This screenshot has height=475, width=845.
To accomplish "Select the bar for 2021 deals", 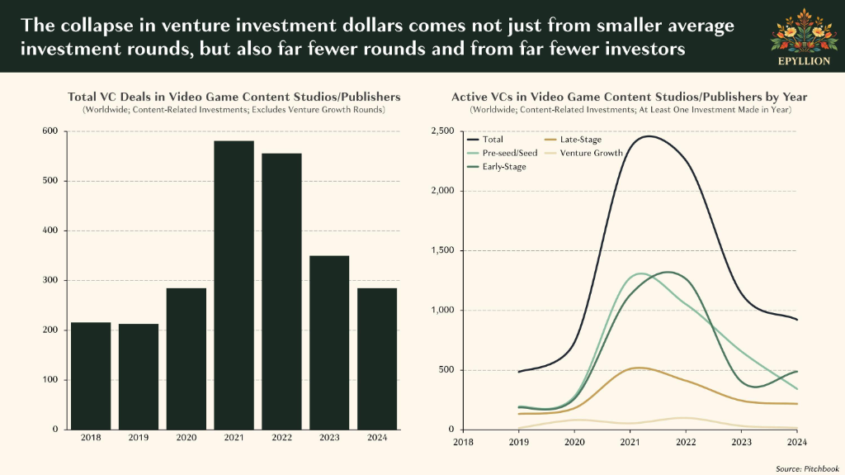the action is click(234, 285).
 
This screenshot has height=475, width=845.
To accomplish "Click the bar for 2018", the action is click(91, 376).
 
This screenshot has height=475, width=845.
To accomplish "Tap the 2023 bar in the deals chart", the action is click(329, 343).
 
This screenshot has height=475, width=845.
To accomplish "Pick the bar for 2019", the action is click(139, 377).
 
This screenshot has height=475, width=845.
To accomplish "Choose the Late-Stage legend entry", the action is click(573, 140).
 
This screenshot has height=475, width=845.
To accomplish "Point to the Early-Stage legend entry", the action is click(496, 167).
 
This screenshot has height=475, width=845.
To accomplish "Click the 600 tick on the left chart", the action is click(50, 131).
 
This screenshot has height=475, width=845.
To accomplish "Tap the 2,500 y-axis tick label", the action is click(442, 131).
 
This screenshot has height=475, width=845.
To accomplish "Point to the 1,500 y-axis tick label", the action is click(442, 250).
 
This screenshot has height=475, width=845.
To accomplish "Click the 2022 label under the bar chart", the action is click(282, 438).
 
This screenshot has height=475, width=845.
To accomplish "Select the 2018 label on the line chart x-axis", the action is click(463, 442).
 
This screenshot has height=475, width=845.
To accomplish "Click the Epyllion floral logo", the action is click(804, 31).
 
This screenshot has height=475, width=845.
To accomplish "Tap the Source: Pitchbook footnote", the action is click(807, 468).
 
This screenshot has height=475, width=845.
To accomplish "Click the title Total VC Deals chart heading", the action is click(234, 97).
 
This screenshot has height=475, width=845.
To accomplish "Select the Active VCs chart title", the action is click(629, 97).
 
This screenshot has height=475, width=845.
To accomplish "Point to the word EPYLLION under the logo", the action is click(804, 61).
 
